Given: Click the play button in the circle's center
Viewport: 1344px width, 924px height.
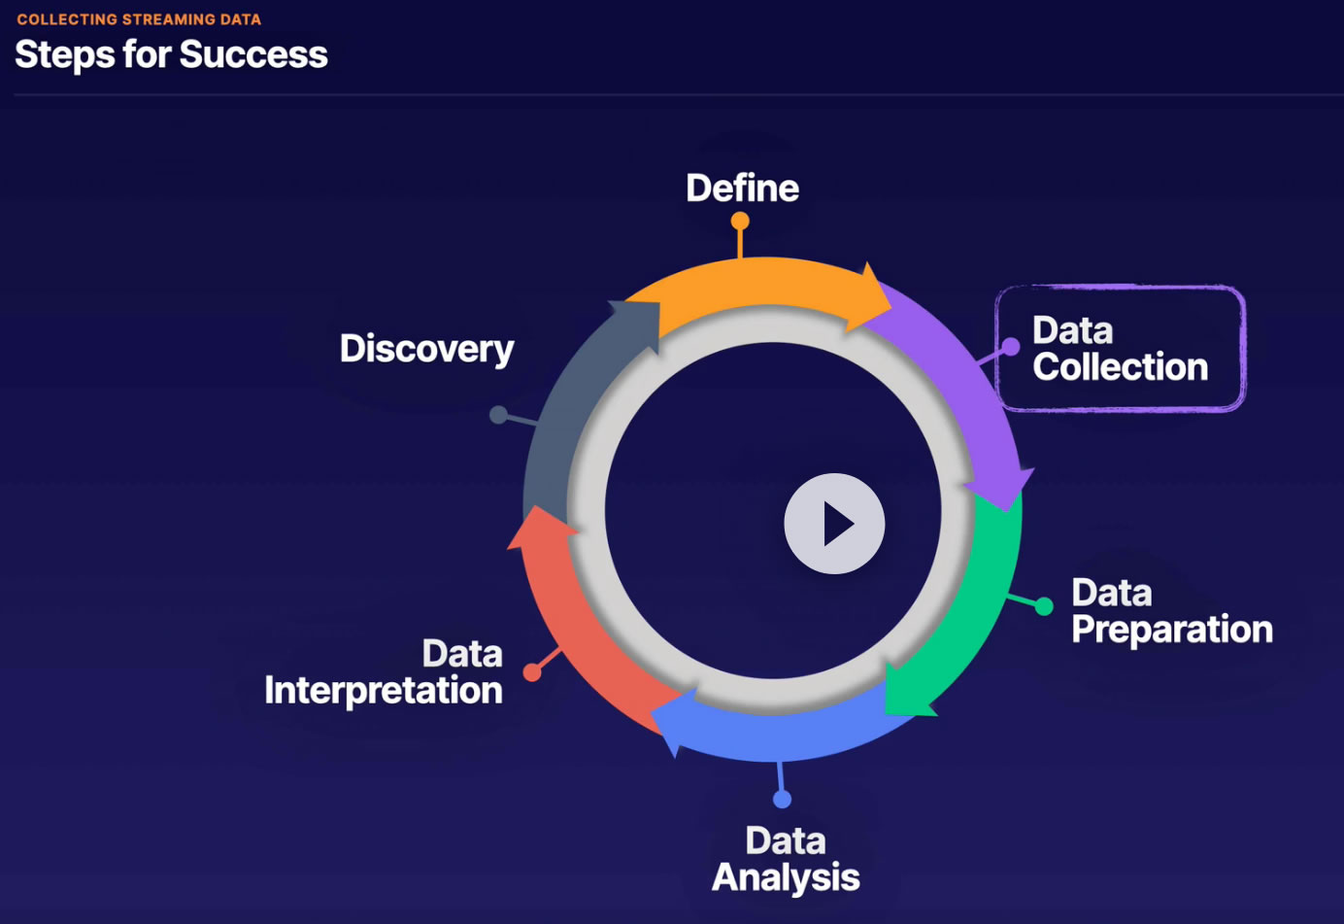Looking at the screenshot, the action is click(x=834, y=524).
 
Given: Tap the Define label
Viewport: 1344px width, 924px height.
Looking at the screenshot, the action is click(x=742, y=188).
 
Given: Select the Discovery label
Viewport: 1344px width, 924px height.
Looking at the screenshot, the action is click(x=426, y=349).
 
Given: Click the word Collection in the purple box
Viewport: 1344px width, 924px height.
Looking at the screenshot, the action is click(x=1120, y=367).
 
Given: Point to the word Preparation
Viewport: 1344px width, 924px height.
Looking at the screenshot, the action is click(x=1171, y=630).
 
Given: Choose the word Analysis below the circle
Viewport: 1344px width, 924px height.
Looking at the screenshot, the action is click(x=786, y=877).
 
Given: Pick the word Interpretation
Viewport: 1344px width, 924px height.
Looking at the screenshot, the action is click(x=384, y=691).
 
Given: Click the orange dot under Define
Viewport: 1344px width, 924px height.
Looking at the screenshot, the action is click(x=740, y=222).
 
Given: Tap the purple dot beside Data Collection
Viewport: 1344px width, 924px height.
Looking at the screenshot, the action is click(x=1010, y=347).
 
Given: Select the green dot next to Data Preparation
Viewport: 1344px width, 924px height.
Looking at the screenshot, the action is click(x=1044, y=606).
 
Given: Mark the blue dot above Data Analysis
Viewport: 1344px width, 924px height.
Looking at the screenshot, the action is click(x=782, y=799).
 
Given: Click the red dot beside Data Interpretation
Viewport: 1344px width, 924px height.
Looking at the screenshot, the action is click(x=532, y=671).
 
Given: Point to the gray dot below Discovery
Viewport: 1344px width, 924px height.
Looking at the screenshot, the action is click(x=498, y=415).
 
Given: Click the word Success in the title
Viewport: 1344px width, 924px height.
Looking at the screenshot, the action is click(x=253, y=54).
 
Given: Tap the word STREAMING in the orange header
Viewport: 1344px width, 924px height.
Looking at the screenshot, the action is click(x=169, y=19).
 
